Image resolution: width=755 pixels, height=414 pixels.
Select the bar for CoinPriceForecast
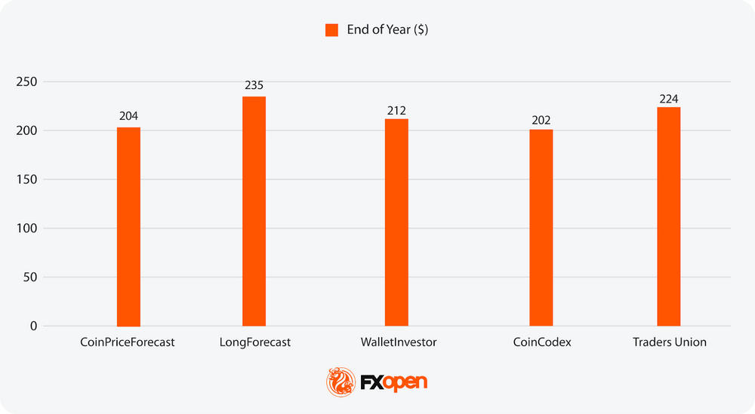128,226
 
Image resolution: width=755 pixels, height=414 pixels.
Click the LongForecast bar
254,211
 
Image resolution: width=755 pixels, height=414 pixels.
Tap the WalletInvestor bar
396,222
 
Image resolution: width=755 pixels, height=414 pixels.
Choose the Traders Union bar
669,216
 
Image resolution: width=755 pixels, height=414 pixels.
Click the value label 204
128,116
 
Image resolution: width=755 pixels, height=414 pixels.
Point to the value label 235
254,85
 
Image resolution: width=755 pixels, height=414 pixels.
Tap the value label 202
541,119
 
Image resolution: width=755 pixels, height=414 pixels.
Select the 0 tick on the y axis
33,326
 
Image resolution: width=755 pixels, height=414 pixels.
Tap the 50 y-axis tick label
29,277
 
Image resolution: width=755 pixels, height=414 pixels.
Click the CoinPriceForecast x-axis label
128,342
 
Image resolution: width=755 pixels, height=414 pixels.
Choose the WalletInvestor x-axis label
399,342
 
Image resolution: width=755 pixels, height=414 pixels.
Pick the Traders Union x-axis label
670,342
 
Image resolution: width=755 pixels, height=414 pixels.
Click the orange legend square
331,30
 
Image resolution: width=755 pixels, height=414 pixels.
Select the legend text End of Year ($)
388,30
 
